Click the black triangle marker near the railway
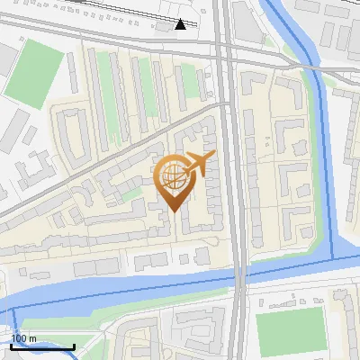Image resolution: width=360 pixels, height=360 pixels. point(181,23)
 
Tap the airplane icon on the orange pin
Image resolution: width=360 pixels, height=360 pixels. point(199,162)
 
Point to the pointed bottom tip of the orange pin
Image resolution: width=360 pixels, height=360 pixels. point(172,211)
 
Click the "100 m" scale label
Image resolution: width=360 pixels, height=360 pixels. point(23,338)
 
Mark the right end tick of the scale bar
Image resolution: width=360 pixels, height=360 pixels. point(74,346)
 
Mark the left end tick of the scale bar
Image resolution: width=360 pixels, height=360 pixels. point(12,346)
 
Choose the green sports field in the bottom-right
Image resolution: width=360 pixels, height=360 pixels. point(289,331)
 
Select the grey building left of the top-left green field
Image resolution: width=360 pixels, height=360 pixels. point(6,59)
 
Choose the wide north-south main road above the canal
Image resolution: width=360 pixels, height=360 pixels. point(232,180)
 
